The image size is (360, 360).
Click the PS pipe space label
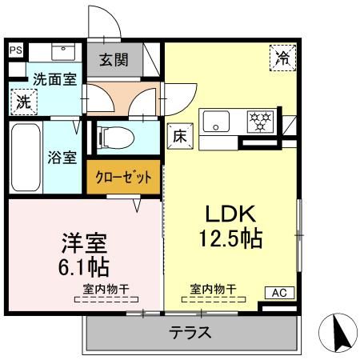click(16, 50)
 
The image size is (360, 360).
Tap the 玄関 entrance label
click(114, 60)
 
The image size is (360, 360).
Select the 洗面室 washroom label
click(54, 79)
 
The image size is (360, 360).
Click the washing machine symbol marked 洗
click(24, 102)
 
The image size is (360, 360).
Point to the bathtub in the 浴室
click(26, 158)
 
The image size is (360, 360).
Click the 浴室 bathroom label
click(62, 158)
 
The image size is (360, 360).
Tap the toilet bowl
click(116, 138)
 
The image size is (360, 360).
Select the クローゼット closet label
click(123, 177)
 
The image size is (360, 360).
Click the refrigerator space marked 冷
click(283, 58)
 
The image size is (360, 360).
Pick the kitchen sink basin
click(216, 122)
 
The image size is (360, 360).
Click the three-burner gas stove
click(260, 122)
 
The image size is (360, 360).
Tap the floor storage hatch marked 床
click(180, 137)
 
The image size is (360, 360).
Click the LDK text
click(230, 214)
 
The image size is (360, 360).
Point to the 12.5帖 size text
click(230, 238)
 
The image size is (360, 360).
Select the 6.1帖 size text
click(84, 266)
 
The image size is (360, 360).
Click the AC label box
click(279, 293)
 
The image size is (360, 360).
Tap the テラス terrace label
click(190, 333)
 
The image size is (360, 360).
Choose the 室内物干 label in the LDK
click(213, 289)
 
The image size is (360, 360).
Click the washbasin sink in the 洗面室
click(63, 52)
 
